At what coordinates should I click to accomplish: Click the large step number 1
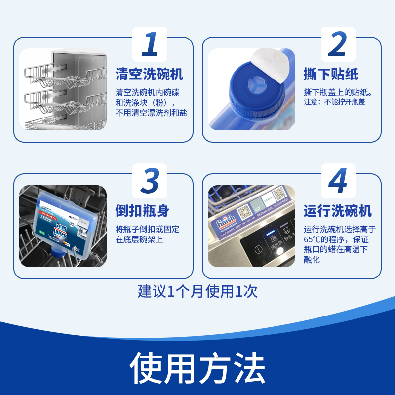pyautogui.click(x=150, y=44)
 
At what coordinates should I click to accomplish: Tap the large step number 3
pyautogui.click(x=150, y=181)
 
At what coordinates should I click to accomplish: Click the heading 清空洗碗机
pyautogui.click(x=149, y=75)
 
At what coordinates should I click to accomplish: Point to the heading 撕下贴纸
pyautogui.click(x=330, y=75)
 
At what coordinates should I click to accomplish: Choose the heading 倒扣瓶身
pyautogui.click(x=142, y=211)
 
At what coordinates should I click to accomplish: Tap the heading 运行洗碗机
pyautogui.click(x=337, y=211)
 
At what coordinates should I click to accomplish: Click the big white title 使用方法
pyautogui.click(x=197, y=368)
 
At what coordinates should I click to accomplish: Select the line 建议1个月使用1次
pyautogui.click(x=197, y=291)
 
